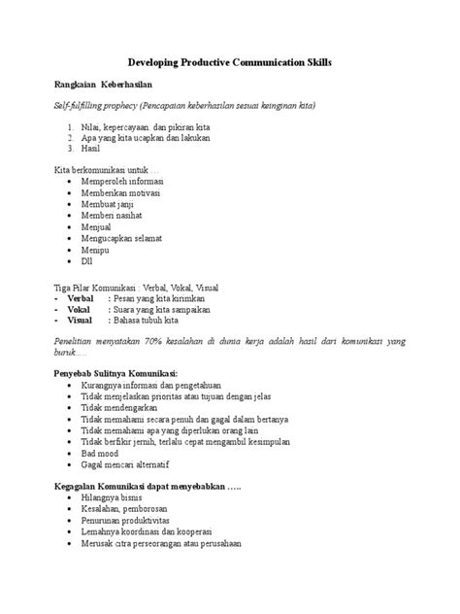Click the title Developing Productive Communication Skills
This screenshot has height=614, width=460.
click(x=230, y=61)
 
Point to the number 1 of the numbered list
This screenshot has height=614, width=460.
click(x=72, y=126)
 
